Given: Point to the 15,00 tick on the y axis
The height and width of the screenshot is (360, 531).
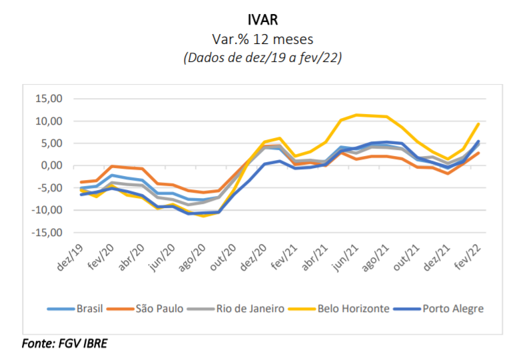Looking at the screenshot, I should point(48,99).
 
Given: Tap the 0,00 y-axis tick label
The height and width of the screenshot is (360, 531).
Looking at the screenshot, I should point(51,165).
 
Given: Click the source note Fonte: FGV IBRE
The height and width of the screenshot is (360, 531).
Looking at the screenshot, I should point(65,344).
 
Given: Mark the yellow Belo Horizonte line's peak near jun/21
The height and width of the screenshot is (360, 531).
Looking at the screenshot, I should point(358,115).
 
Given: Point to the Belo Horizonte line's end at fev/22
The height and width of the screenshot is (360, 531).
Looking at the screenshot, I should point(478,124).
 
